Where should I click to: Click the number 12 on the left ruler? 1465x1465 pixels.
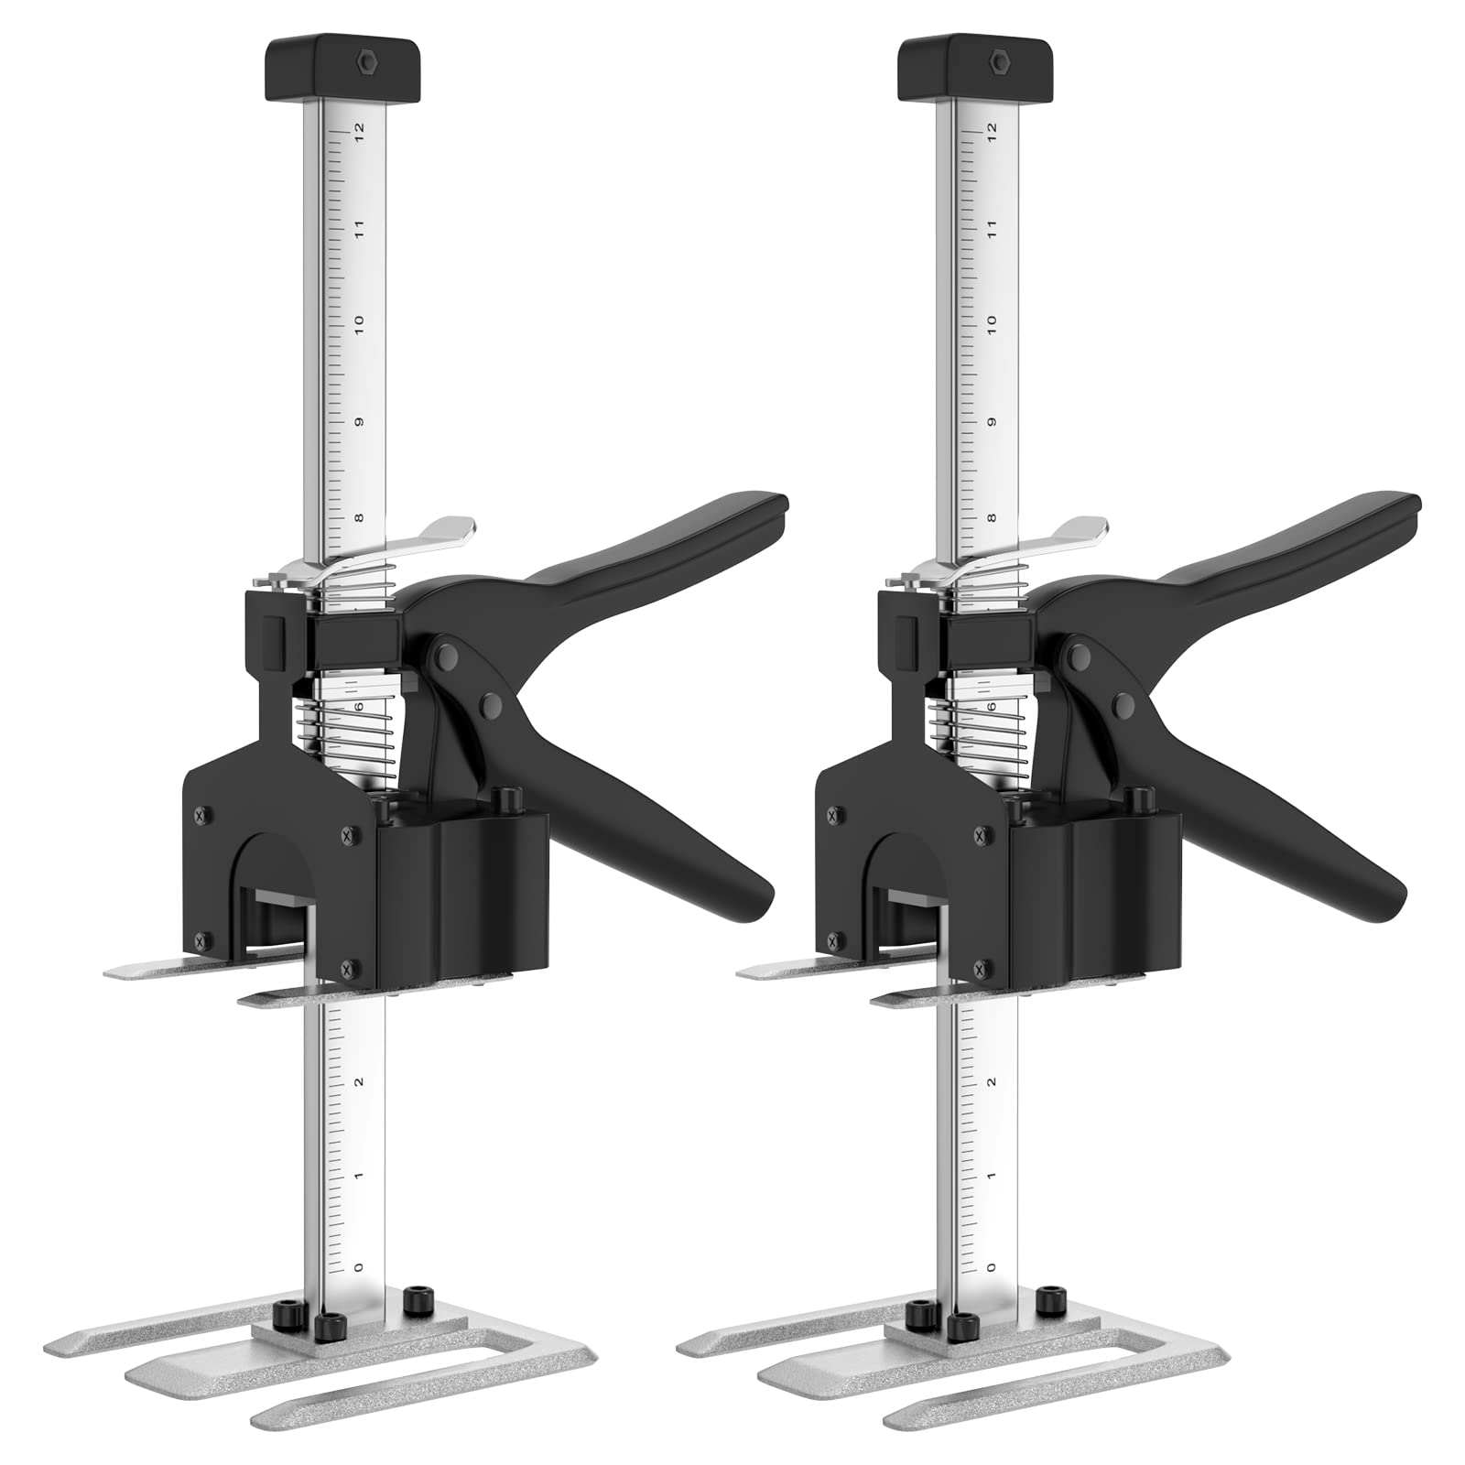(x=360, y=129)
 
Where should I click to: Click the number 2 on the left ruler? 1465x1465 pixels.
(x=359, y=1081)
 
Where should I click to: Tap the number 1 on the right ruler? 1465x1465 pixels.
(x=992, y=1176)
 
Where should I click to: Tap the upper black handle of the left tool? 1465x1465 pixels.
(x=659, y=540)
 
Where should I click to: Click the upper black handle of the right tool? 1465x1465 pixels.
(x=1291, y=540)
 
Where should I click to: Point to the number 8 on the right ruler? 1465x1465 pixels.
(x=992, y=518)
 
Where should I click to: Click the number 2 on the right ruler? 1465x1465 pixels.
(x=992, y=1081)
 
